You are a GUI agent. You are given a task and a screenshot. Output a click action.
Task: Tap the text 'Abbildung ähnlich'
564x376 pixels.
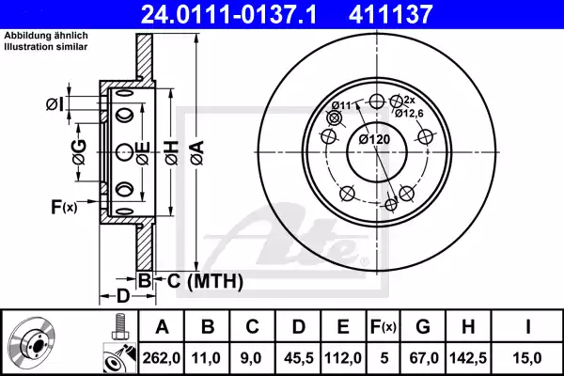point(39,36)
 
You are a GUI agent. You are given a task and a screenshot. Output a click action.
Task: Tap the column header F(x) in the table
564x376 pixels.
point(383,326)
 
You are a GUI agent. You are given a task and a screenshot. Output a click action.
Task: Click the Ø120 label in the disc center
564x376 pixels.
point(374,140)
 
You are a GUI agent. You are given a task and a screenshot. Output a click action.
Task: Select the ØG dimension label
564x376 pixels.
point(79,151)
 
